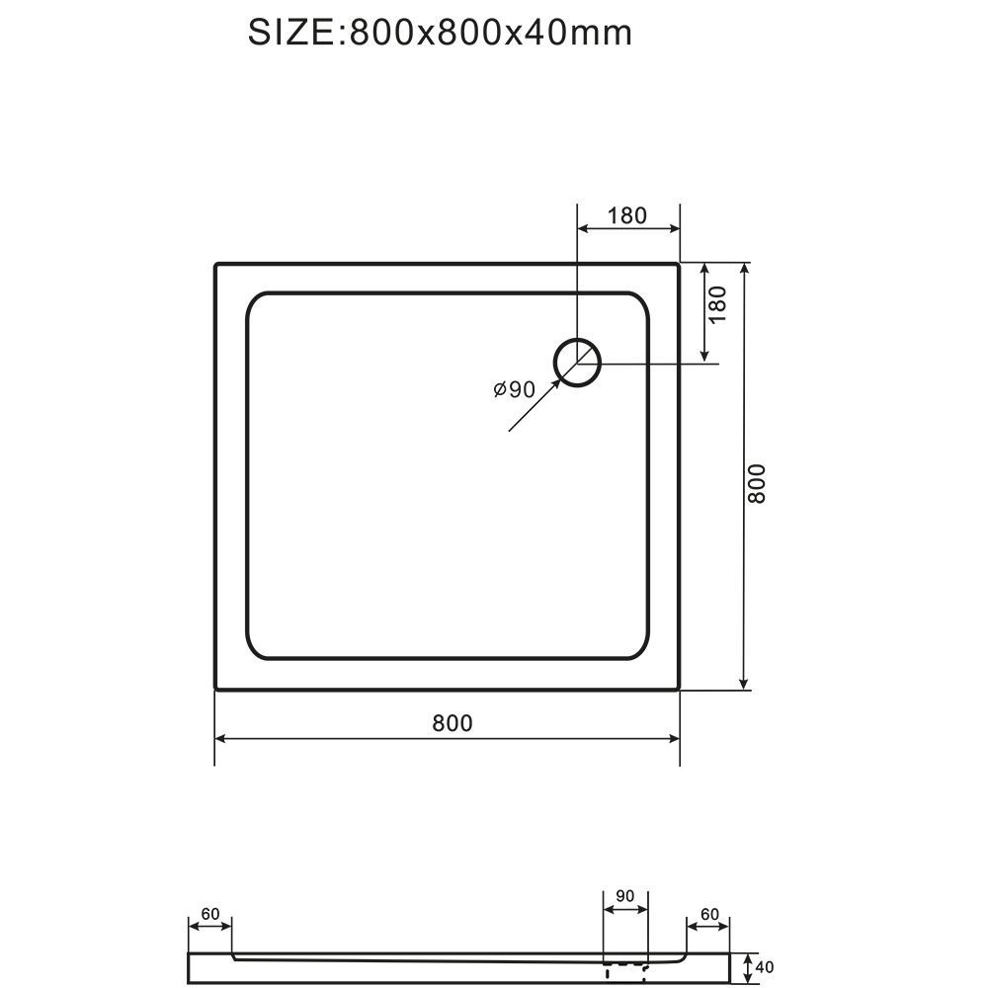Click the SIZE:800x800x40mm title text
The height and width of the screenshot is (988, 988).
(x=440, y=33)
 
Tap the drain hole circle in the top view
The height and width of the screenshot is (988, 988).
(x=577, y=340)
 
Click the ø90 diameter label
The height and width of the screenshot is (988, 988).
(x=514, y=390)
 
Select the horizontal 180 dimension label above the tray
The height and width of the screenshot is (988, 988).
(x=627, y=215)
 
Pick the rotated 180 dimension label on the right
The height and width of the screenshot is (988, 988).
(x=717, y=304)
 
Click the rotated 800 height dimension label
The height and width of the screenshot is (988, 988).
(x=756, y=484)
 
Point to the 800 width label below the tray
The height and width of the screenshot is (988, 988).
(x=453, y=723)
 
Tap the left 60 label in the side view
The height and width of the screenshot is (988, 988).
(x=209, y=914)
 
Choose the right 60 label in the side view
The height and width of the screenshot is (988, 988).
(x=709, y=914)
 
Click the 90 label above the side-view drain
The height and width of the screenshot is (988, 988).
(x=624, y=896)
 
